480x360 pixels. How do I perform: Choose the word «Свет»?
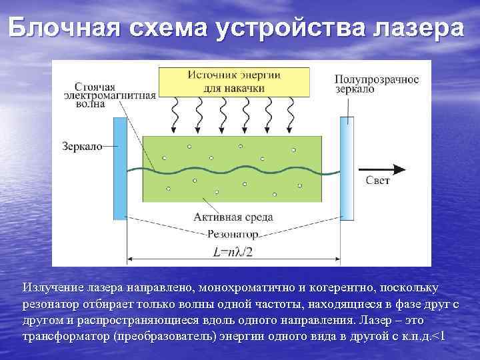[x=378, y=181]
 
